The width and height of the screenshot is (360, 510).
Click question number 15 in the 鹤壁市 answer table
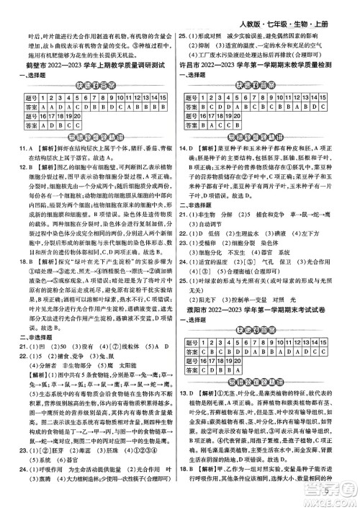point(166,96)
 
